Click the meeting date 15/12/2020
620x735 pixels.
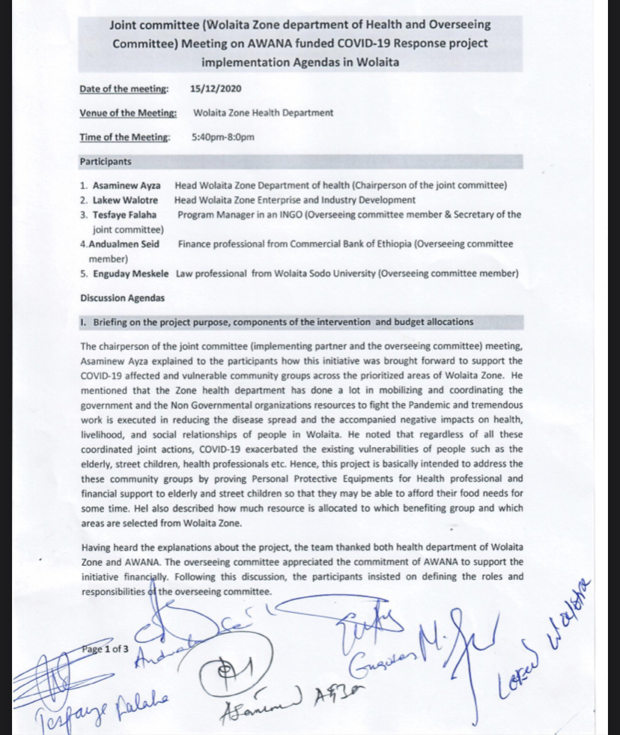coord(216,89)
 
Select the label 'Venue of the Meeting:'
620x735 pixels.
coord(128,113)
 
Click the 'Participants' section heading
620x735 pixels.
coord(106,161)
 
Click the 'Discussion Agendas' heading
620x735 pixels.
coord(122,297)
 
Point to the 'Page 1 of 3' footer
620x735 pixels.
coord(104,649)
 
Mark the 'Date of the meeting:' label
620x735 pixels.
coord(124,89)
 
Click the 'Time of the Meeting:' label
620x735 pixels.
coord(125,137)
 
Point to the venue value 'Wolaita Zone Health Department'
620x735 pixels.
coord(264,113)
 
